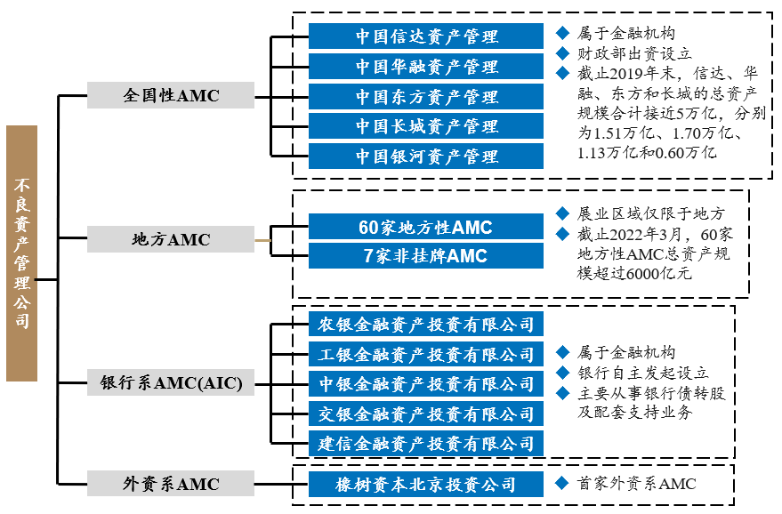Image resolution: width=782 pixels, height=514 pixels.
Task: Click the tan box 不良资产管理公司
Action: tap(21, 253)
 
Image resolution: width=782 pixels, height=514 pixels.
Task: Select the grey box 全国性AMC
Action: tap(170, 96)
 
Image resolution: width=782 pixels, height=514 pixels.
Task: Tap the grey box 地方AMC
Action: tap(170, 239)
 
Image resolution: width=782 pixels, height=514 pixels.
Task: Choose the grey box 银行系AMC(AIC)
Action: tap(170, 384)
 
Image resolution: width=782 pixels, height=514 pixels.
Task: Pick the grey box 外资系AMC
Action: tap(170, 484)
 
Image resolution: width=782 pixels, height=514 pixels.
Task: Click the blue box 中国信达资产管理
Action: tap(426, 36)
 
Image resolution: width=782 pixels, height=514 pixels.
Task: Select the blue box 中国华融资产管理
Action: tap(426, 67)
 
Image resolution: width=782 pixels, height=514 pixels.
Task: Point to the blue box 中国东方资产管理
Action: tap(426, 96)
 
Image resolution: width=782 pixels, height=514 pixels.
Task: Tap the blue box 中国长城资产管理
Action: tap(426, 126)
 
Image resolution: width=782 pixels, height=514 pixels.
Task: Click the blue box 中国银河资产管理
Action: tap(426, 157)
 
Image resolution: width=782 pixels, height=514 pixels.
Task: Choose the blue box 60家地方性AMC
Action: tap(426, 228)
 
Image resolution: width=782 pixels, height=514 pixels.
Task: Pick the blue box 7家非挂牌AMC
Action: tap(426, 256)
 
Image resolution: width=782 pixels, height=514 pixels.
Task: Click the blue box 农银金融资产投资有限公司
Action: tap(426, 325)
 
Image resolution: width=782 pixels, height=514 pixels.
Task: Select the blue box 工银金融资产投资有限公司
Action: tap(426, 355)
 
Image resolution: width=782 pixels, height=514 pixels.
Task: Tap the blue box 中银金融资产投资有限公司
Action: tap(426, 384)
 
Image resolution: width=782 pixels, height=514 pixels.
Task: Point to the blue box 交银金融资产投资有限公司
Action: tap(426, 414)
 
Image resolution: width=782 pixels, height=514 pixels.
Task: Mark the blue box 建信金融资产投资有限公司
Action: tap(426, 443)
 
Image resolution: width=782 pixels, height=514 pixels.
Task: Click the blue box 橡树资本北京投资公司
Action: tap(426, 485)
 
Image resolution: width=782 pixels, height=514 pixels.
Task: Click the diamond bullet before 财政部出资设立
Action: tap(562, 53)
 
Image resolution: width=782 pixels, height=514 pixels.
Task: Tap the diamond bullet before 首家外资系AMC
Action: tap(562, 484)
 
